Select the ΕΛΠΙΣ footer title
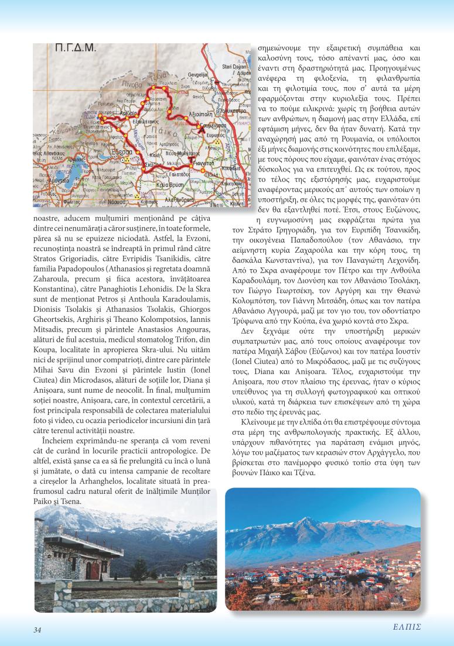[x=407, y=626]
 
